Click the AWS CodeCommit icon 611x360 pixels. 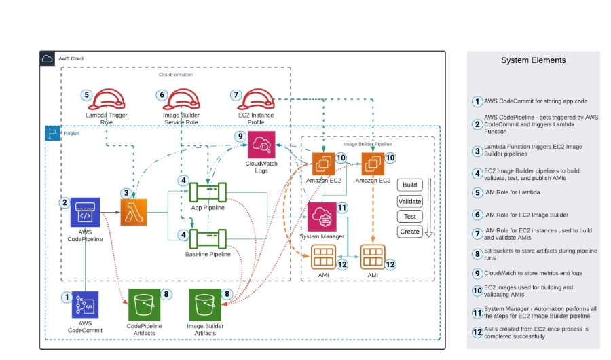coord(85,305)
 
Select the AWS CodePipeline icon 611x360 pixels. coord(85,212)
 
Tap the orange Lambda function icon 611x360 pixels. coord(134,212)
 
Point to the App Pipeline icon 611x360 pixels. coord(207,192)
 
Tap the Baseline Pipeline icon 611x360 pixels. coord(207,238)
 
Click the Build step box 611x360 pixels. coord(410,185)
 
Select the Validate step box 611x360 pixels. coord(410,201)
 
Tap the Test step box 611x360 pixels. coord(410,217)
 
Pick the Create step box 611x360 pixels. coord(410,232)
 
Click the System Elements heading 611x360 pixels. coord(533,60)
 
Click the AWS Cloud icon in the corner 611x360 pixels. coord(48,58)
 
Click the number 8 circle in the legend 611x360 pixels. coord(478,255)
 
